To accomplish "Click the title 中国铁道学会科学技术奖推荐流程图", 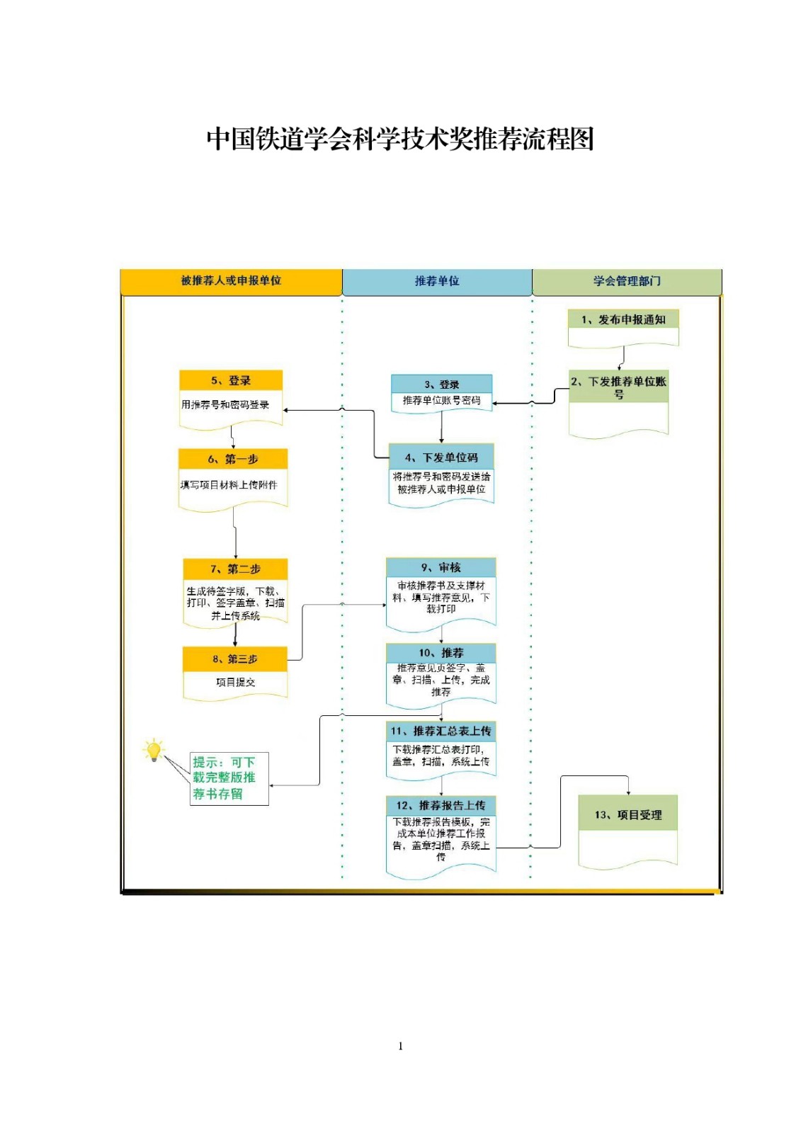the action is pos(399,139).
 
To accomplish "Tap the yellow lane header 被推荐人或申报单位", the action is pos(231,281).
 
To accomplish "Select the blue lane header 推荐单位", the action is pos(437,282).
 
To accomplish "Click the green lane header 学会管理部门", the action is pos(627,282).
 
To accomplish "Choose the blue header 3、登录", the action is pos(441,384).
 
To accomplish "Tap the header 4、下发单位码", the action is pos(441,457).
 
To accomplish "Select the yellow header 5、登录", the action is pos(231,380).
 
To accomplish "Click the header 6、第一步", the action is pos(233,459).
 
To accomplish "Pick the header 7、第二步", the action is pos(235,569).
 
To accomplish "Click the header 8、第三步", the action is pos(235,659).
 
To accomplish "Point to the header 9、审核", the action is pos(441,567).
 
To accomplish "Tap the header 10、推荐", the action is pos(441,653).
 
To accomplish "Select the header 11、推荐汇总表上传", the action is pos(441,731).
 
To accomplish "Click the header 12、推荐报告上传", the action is pos(441,805).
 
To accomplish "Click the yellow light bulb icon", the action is pos(153,751).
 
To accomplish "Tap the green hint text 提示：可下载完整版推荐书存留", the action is pos(225,778).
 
